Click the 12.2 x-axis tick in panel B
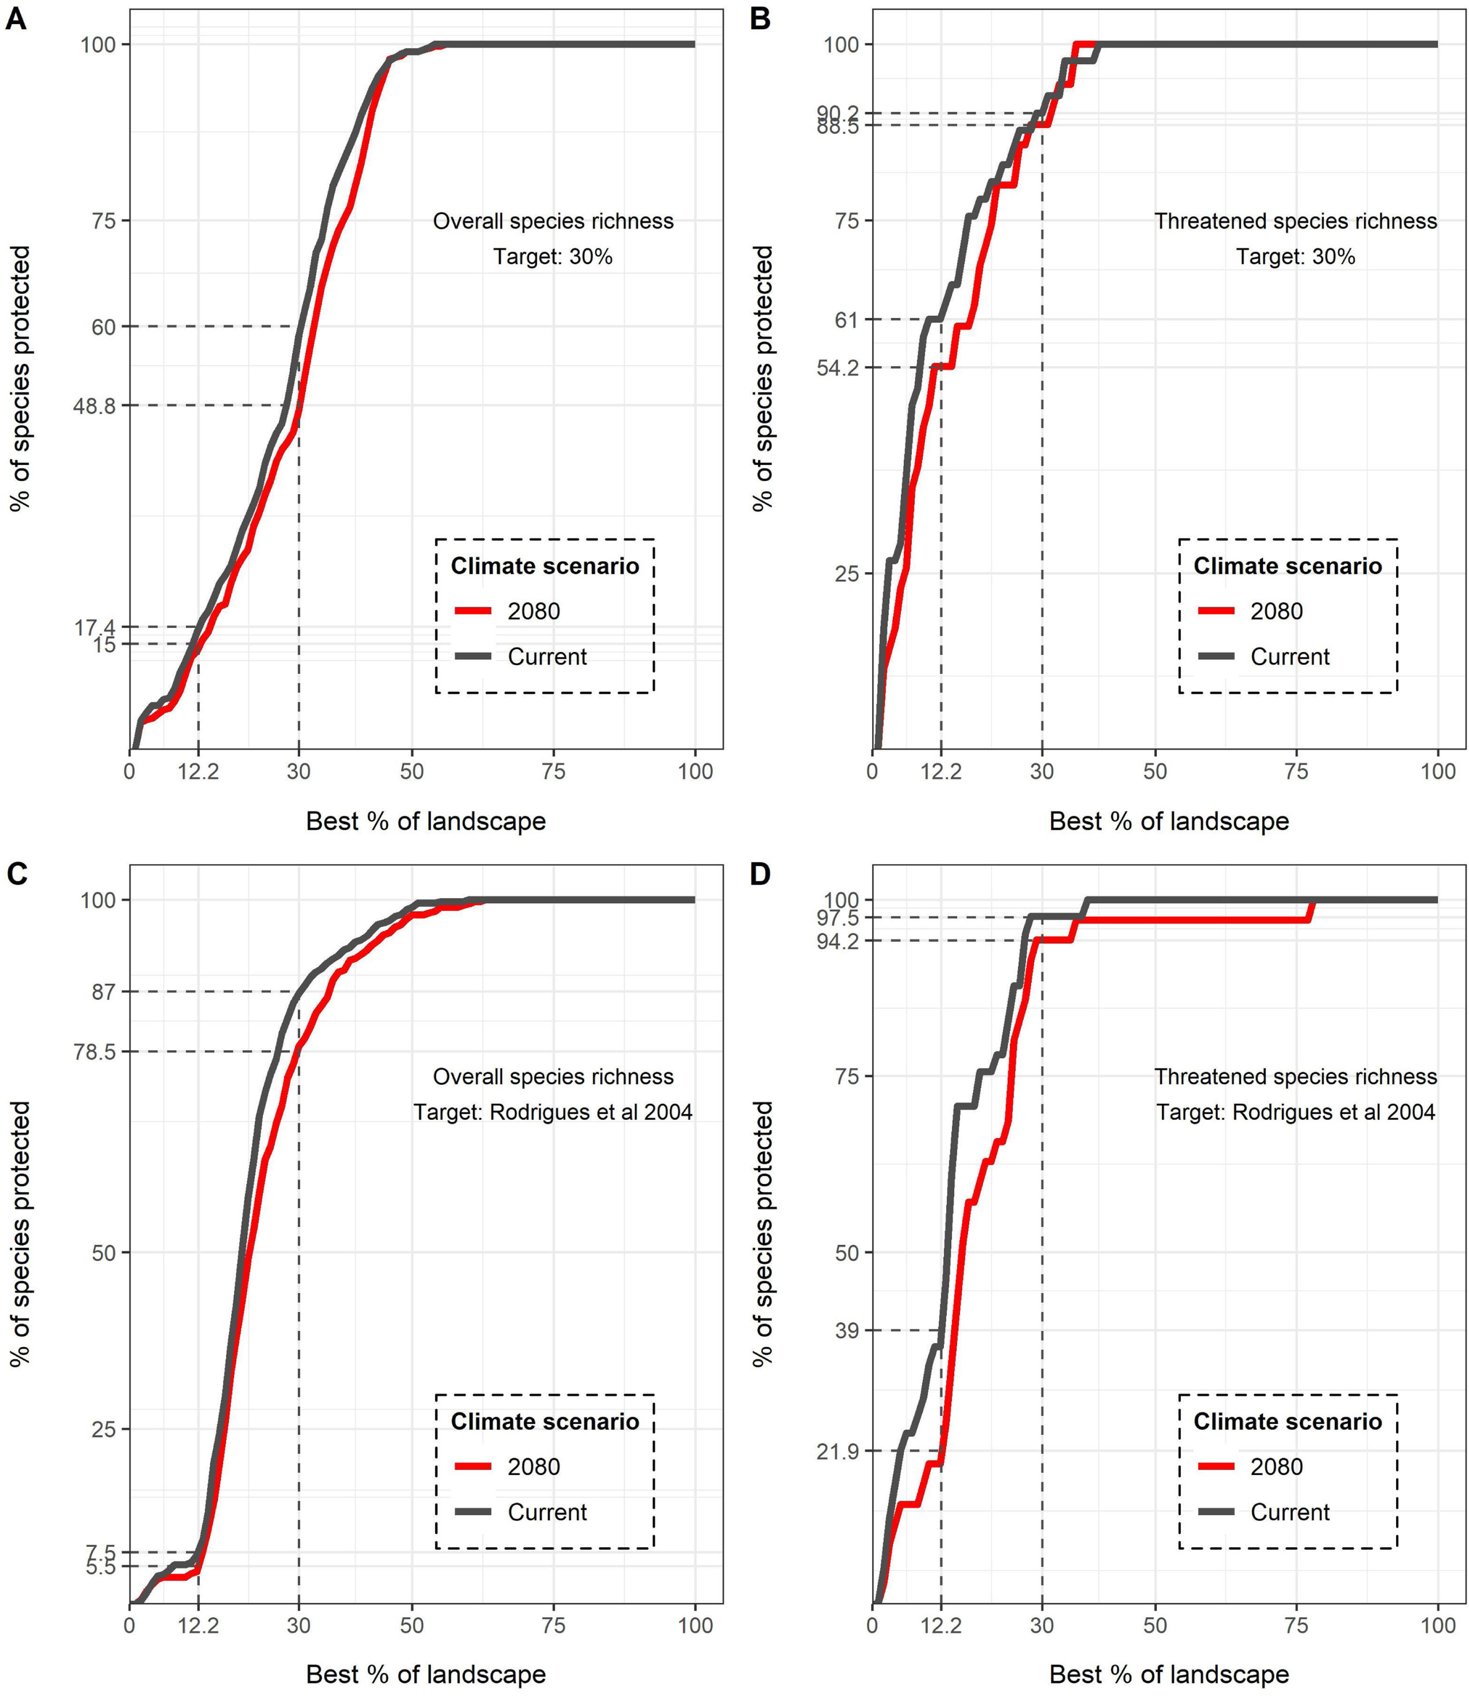pyautogui.click(x=941, y=771)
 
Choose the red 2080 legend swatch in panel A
pyautogui.click(x=473, y=611)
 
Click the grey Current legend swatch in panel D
pyautogui.click(x=1216, y=1512)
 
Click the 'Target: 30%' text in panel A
pyautogui.click(x=553, y=256)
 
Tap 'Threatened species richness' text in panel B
pyautogui.click(x=1295, y=221)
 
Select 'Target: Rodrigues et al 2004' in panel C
pyautogui.click(x=553, y=1112)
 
